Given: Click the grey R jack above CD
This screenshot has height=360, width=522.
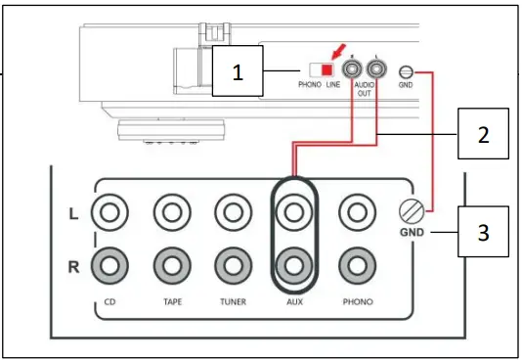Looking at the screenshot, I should (108, 263).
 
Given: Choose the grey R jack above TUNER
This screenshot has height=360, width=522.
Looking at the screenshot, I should (232, 263).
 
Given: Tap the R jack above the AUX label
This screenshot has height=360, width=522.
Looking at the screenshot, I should (292, 263).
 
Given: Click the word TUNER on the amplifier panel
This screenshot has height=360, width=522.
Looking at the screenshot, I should (232, 301).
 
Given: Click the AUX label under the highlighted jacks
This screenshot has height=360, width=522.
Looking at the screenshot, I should (292, 301).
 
